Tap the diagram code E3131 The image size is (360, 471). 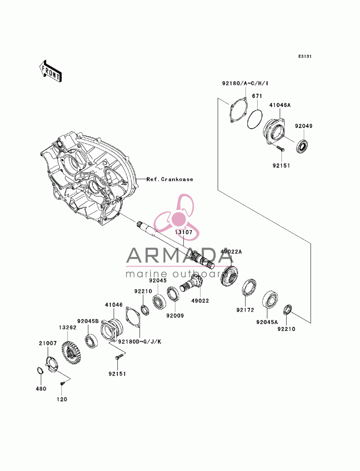pyautogui.click(x=305, y=56)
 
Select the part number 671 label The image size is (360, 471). pyautogui.click(x=257, y=96)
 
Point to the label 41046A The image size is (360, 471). pyautogui.click(x=280, y=105)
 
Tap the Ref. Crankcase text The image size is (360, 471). pyautogui.click(x=170, y=179)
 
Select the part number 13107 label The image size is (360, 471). pyautogui.click(x=184, y=232)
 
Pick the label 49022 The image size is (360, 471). pyautogui.click(x=200, y=301)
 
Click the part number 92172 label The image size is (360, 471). pyautogui.click(x=245, y=310)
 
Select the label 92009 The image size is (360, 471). pyautogui.click(x=175, y=316)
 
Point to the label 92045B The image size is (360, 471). pyautogui.click(x=88, y=321)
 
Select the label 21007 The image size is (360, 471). pyautogui.click(x=48, y=343)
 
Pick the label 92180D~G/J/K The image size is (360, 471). pyautogui.click(x=140, y=342)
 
